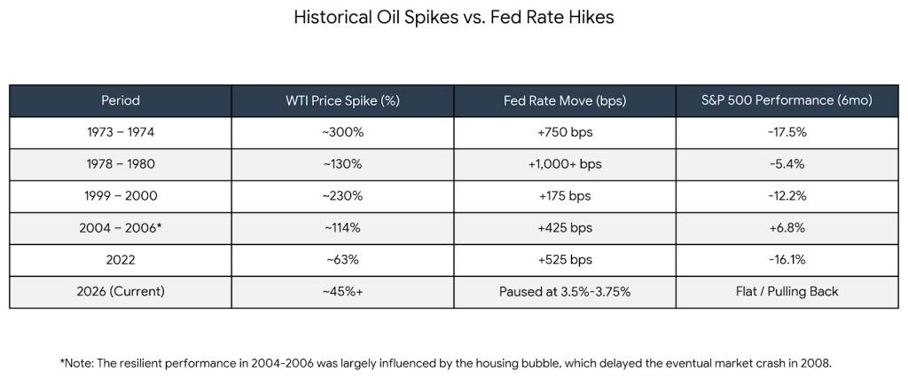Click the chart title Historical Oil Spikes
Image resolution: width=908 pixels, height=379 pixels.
point(453,18)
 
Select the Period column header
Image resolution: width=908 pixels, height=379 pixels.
point(121,100)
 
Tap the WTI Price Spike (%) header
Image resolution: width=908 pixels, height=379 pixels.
point(343,100)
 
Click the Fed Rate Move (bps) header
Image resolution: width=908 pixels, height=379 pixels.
point(565,100)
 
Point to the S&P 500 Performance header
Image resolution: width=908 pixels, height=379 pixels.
point(787,100)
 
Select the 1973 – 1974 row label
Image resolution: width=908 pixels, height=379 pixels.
point(121,132)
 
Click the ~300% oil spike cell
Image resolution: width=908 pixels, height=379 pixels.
point(343,132)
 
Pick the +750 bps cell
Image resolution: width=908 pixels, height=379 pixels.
point(565,132)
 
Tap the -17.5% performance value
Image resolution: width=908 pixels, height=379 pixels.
point(787,132)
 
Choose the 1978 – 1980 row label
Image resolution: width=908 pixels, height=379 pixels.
point(121,164)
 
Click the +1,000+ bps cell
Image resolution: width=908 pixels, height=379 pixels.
point(565,164)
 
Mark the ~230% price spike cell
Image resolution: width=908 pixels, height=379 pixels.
point(343,196)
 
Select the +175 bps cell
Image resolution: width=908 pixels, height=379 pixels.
point(565,196)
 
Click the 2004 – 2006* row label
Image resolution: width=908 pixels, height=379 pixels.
point(121,228)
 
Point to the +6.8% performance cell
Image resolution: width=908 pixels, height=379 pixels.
point(787,228)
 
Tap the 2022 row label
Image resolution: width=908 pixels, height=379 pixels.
point(121,260)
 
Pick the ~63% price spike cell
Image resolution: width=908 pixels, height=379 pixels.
point(343,260)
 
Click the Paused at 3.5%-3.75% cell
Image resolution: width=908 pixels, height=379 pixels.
point(565,291)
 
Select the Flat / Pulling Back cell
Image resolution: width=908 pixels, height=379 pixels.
point(787,291)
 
